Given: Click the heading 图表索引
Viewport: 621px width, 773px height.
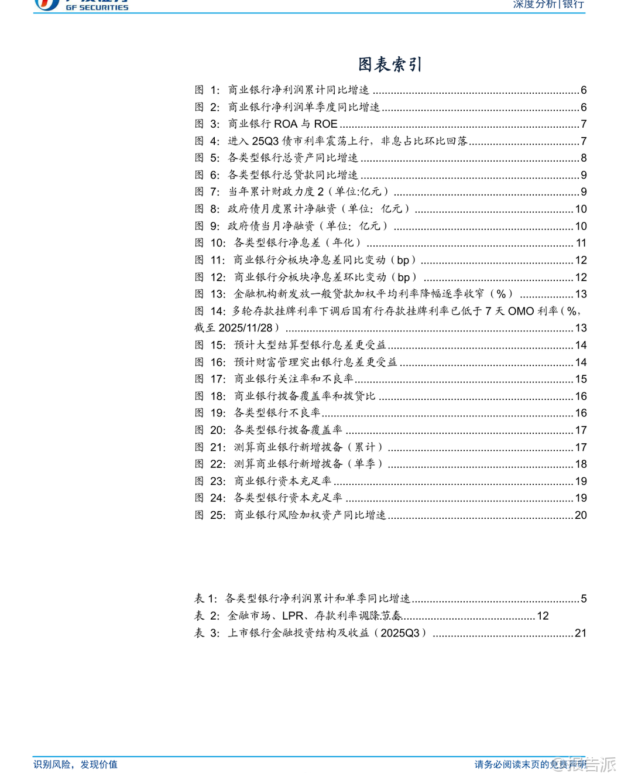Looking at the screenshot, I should pos(390,64).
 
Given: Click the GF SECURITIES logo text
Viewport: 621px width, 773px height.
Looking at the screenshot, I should pos(97,7).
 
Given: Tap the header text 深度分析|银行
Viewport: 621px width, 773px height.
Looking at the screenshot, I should pos(548,5).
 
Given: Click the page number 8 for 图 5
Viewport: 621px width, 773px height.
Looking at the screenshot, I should pos(584,158).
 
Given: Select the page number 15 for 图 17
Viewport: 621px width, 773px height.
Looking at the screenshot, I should pos(581,379).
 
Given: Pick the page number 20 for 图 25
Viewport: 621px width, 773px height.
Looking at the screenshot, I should pos(581,515).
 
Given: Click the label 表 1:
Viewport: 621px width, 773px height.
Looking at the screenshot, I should pos(205,598).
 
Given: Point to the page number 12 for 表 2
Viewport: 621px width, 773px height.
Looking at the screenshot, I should pos(543,616).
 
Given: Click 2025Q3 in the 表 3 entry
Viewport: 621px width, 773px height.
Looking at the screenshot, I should pos(400,633).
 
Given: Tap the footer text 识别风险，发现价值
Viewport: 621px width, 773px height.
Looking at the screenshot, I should pos(76,764).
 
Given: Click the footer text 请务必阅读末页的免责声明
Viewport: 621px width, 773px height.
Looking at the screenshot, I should pos(530,764).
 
